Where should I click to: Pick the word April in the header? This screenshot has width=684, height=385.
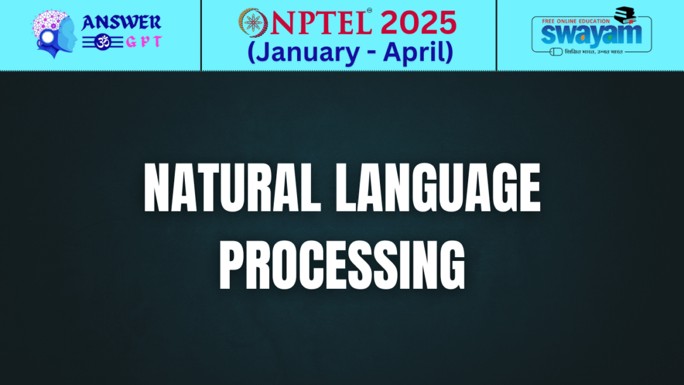click(418, 53)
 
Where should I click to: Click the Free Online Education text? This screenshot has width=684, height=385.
click(573, 21)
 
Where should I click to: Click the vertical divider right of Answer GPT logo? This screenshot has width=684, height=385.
click(201, 35)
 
